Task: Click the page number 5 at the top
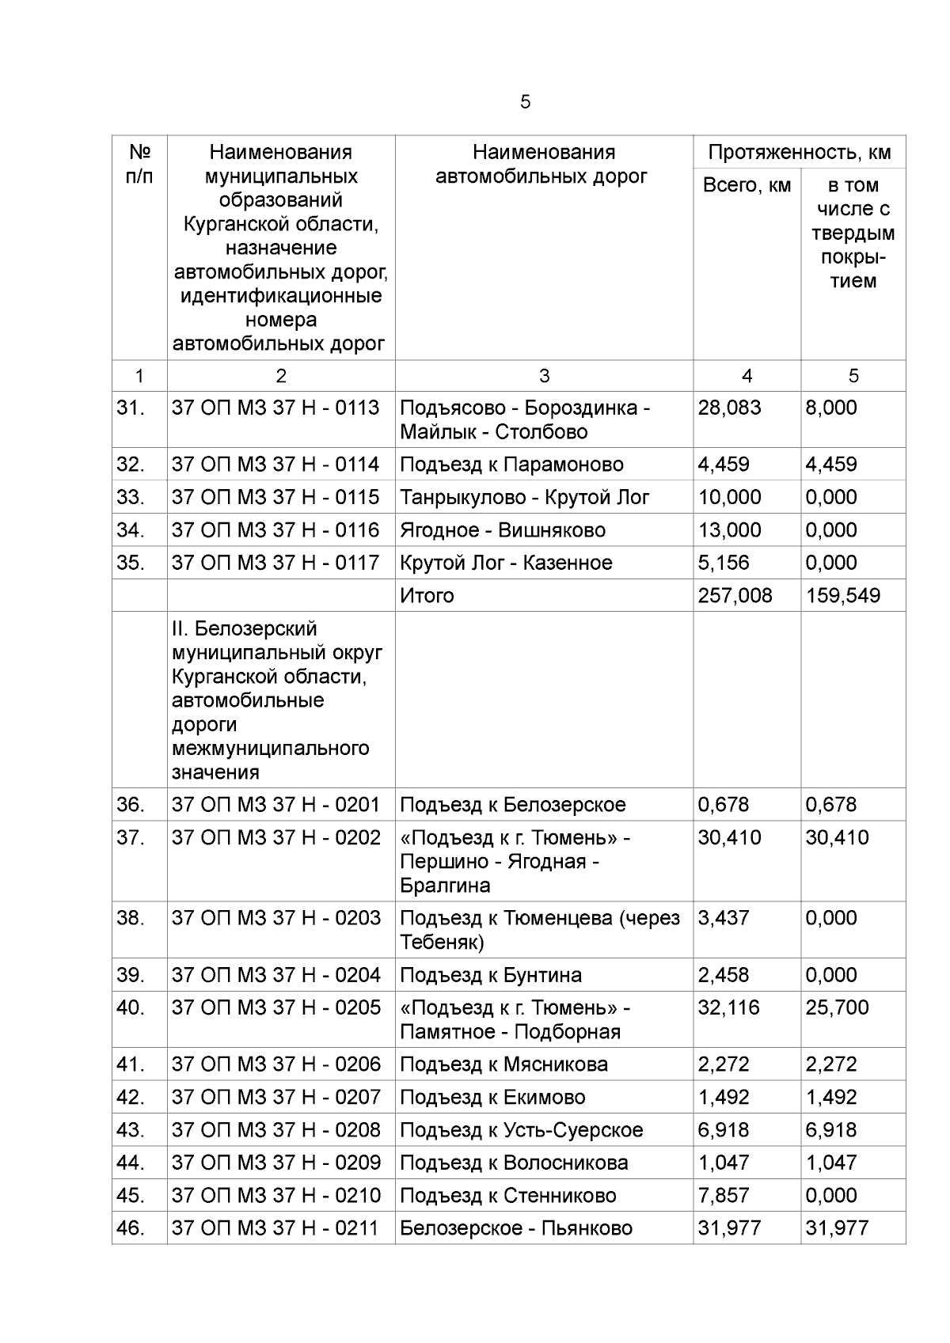tap(526, 102)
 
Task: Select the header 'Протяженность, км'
tap(800, 152)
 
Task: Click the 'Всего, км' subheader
tap(747, 185)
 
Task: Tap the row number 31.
tap(131, 408)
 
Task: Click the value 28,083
tap(729, 408)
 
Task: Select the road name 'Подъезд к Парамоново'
tap(511, 465)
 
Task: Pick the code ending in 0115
tap(275, 497)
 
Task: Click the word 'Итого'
tap(427, 595)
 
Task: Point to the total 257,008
tap(735, 595)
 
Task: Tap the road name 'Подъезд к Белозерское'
tap(512, 805)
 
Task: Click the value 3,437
tap(724, 918)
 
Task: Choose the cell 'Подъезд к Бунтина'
tap(490, 975)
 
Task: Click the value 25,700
tap(837, 1007)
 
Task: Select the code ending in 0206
tap(275, 1064)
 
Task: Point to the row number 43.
tap(131, 1130)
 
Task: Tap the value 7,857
tap(724, 1195)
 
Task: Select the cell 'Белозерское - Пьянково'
tap(515, 1228)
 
